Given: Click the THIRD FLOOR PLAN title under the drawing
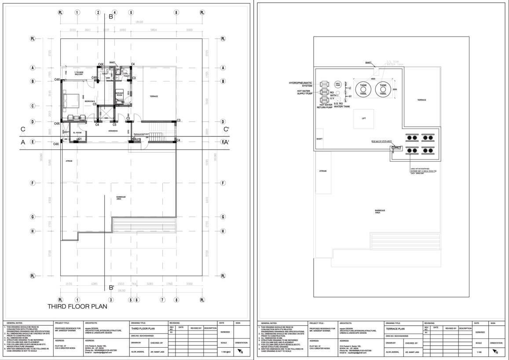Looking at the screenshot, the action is pos(83,306).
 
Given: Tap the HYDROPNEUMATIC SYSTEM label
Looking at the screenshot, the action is pos(301,84).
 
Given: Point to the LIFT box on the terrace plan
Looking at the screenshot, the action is pos(363,118).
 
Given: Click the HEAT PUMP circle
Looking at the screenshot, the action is pos(338,84).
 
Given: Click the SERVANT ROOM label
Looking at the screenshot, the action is pos(119,94).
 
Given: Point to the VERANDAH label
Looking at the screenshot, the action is pos(114,131).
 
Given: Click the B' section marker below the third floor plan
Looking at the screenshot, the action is pos(111,288).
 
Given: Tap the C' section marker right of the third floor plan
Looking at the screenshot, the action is pos(226,129).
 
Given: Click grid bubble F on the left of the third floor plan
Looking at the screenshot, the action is pos(32,183).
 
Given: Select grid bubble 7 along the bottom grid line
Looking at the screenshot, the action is pos(162,300).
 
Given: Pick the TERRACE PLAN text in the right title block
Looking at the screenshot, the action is pos(395,329).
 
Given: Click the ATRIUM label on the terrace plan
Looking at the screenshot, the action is pos(322,171).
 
